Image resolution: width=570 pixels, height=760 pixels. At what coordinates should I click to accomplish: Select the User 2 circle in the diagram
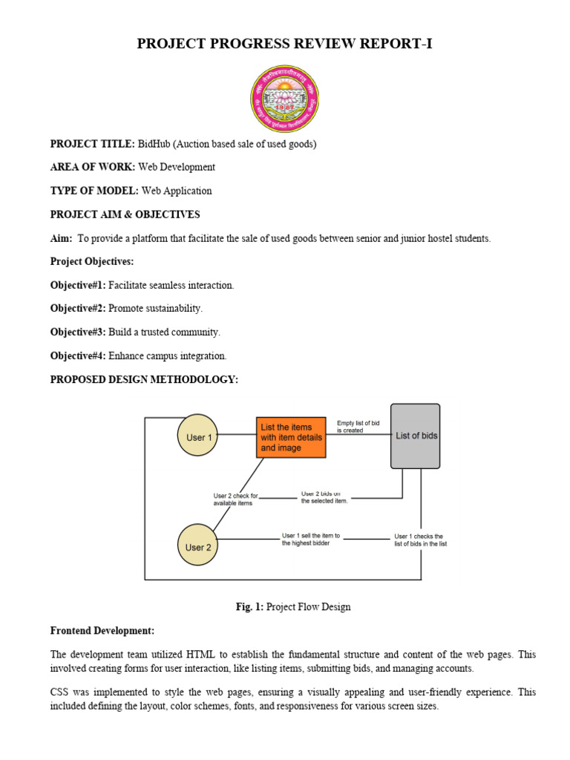198,547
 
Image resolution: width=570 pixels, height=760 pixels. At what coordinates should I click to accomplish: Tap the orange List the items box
292,437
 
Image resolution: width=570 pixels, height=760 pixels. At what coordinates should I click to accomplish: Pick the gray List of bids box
416,436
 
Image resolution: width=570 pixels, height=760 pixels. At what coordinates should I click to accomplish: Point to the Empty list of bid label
358,426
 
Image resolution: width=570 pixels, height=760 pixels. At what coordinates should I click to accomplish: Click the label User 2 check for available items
235,499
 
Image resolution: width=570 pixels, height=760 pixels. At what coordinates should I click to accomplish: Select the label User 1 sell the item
311,539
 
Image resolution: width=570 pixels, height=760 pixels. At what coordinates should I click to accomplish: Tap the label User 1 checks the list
420,540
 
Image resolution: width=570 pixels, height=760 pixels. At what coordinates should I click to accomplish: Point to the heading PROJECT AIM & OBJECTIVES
125,214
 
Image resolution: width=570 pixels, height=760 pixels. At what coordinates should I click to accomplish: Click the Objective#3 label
78,332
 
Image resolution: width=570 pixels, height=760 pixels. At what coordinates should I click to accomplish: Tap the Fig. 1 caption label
249,606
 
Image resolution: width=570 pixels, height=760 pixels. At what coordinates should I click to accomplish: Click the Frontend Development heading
102,630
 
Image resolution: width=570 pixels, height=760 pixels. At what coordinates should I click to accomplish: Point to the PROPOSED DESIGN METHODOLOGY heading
144,379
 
